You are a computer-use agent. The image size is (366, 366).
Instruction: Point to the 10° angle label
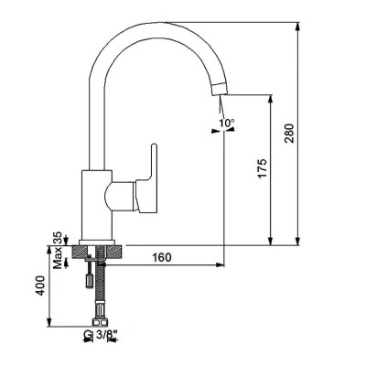coord(226,122)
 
